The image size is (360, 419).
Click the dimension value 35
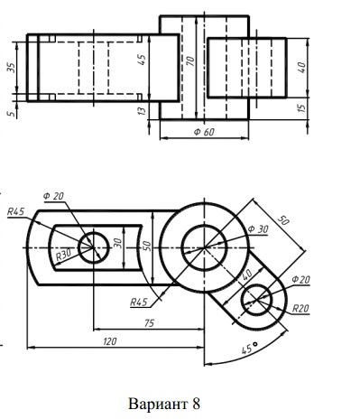12,68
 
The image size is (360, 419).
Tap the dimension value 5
12,114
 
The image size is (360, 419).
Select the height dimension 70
190,61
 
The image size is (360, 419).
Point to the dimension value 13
142,111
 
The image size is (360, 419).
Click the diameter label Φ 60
204,132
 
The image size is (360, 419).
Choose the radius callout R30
64,255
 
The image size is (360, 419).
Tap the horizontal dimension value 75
150,323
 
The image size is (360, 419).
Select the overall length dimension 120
110,341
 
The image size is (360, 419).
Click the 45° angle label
250,348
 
